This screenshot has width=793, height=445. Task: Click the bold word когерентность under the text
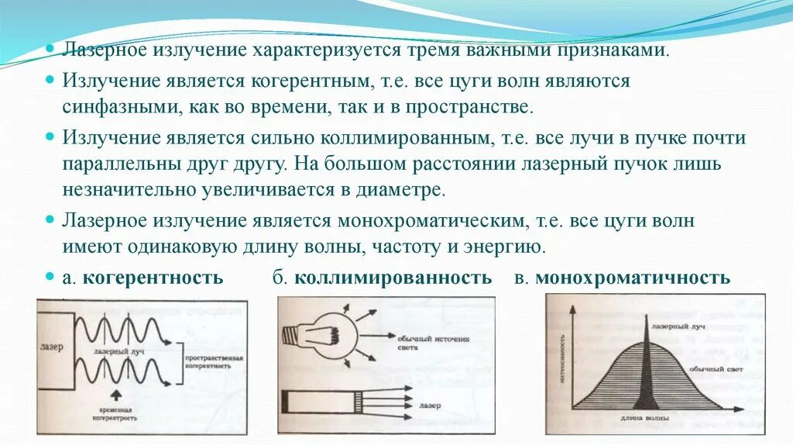[153, 278]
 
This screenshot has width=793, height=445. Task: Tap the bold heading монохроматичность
[632, 278]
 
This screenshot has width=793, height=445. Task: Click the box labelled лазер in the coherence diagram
[53, 345]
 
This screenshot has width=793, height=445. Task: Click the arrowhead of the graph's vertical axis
[573, 310]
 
